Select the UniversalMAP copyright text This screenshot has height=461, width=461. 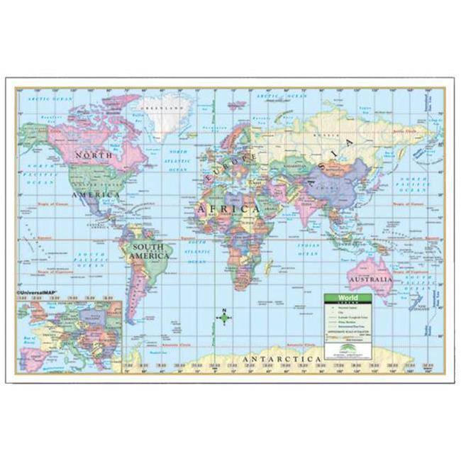43,291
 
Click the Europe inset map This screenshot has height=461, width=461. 71,334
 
